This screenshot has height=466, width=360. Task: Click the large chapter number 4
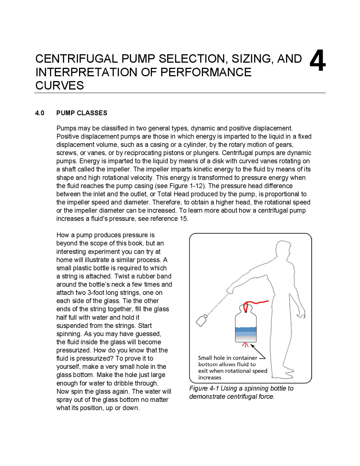pyautogui.click(x=318, y=61)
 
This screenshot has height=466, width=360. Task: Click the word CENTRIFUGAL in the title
pyautogui.click(x=76, y=59)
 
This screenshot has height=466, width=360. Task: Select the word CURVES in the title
pyautogui.click(x=60, y=86)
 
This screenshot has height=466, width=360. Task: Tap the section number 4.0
pyautogui.click(x=40, y=113)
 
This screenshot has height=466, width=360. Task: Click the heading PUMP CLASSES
pyautogui.click(x=82, y=113)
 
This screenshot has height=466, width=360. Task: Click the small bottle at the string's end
pyautogui.click(x=201, y=321)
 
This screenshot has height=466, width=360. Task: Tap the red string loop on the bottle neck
pyautogui.click(x=246, y=306)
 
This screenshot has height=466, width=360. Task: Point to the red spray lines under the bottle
pyautogui.click(x=246, y=345)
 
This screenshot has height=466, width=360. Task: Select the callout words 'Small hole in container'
pyautogui.click(x=227, y=358)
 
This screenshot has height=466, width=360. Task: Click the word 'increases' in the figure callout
pyautogui.click(x=210, y=378)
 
